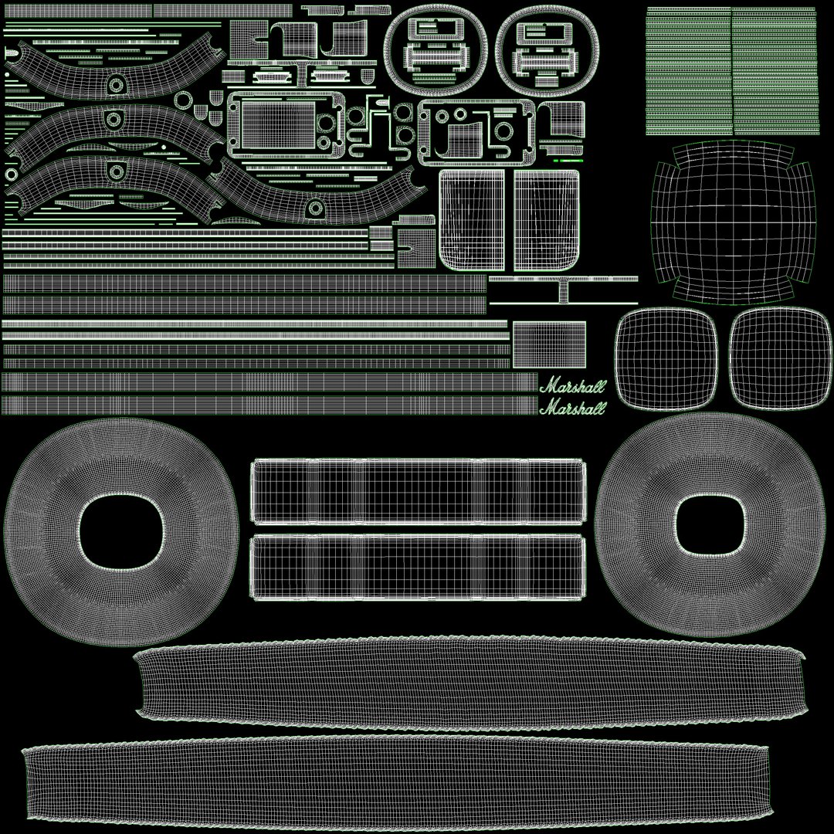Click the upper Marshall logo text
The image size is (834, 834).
click(572, 386)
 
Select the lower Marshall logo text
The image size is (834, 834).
click(572, 407)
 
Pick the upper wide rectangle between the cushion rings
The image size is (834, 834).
click(419, 492)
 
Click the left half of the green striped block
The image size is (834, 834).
click(688, 71)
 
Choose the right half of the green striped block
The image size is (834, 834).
click(774, 71)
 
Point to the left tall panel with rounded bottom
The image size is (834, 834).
click(471, 220)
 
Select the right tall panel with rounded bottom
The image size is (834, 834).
click(547, 220)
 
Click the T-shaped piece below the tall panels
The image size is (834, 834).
click(564, 289)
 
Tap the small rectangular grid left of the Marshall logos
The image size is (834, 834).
click(550, 344)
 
